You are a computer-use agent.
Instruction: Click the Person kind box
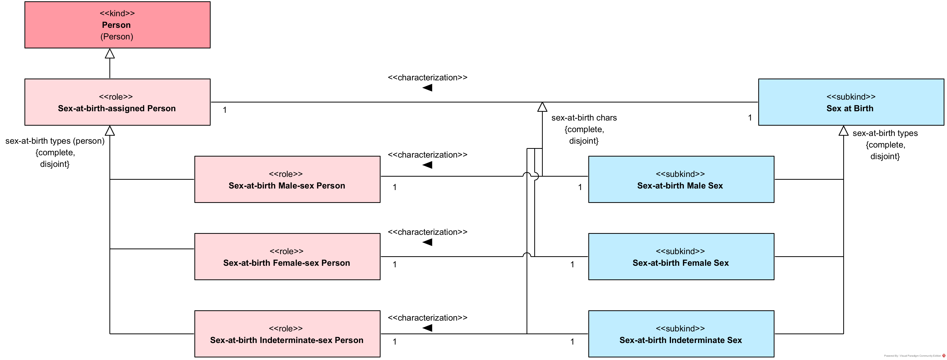(117, 25)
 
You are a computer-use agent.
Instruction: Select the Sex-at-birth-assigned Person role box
(117, 102)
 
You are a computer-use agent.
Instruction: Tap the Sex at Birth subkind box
(851, 102)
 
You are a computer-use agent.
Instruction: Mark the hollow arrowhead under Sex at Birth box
(843, 131)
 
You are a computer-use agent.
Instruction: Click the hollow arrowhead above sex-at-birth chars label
(542, 107)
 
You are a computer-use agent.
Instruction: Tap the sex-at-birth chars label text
(584, 118)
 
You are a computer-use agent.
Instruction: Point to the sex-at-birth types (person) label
(55, 141)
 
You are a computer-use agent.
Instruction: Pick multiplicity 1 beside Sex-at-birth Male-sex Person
(394, 187)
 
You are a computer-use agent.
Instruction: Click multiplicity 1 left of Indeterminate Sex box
(572, 342)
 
